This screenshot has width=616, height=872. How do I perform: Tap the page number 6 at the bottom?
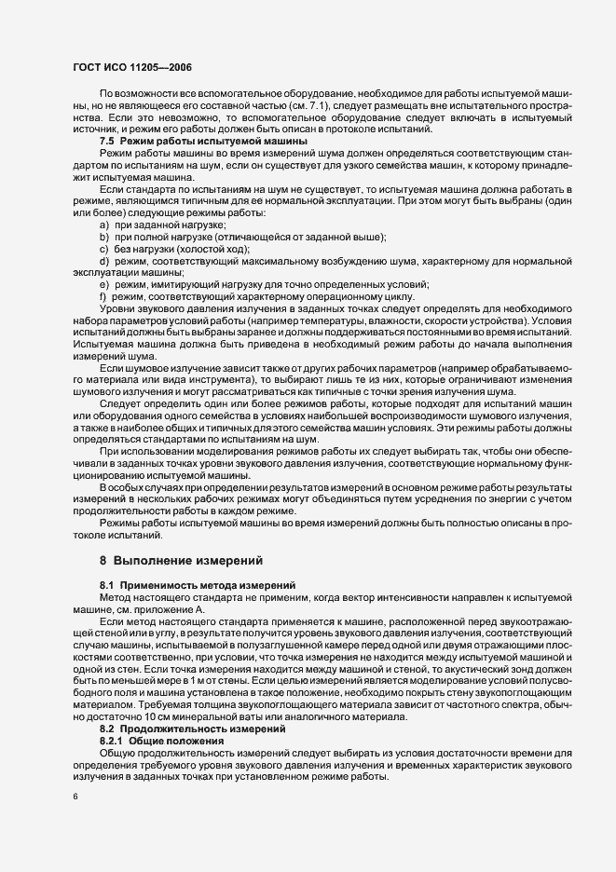pos(75,797)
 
